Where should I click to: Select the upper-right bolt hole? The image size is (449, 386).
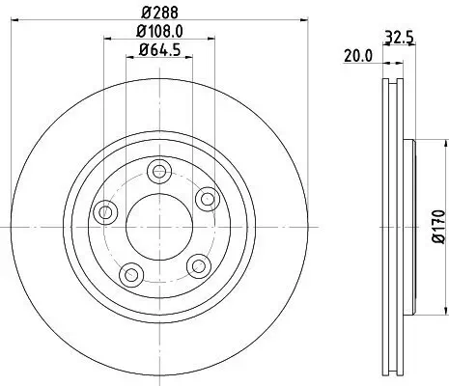coord(206,198)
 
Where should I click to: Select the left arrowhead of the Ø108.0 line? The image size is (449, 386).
coord(104,43)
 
